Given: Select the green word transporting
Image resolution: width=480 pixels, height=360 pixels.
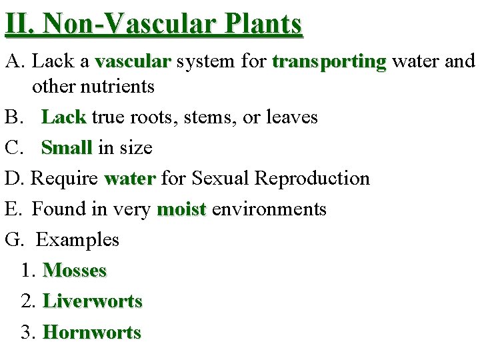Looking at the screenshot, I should coord(329,61).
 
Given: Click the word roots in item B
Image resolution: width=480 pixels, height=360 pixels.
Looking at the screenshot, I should coord(159,117).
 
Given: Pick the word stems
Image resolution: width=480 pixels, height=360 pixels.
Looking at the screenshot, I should coord(214,118).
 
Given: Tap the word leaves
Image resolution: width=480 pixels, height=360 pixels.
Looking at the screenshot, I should coord(291,117).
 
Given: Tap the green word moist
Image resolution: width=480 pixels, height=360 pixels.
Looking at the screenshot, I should coord(181,209).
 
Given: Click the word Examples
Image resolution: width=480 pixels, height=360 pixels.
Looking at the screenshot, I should coord(77,240).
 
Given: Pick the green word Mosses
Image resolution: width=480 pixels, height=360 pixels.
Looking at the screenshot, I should coord(74,271).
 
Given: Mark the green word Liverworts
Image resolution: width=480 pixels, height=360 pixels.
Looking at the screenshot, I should coord(92,301).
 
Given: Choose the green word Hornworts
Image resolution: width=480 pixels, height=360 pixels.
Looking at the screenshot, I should coord(91,332).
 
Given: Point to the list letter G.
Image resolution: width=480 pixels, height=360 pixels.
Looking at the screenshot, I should coord(13,240).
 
